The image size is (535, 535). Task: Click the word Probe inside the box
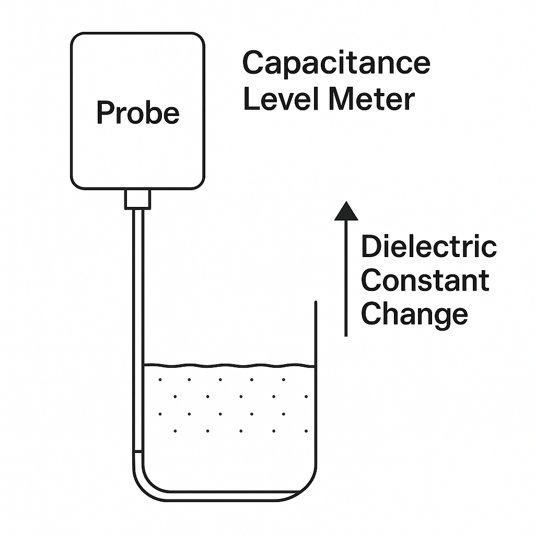point(138,112)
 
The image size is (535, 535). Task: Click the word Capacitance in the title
point(336,64)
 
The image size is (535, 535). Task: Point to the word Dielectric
point(428,247)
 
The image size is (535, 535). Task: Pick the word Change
point(414,315)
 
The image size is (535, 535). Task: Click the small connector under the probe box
point(137,199)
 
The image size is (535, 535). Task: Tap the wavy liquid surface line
point(230,365)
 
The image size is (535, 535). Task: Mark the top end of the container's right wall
point(315,303)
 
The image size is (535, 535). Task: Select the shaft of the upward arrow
point(346,277)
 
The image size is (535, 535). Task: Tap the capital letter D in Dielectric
point(370,247)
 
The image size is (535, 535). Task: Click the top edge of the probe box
point(137,33)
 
